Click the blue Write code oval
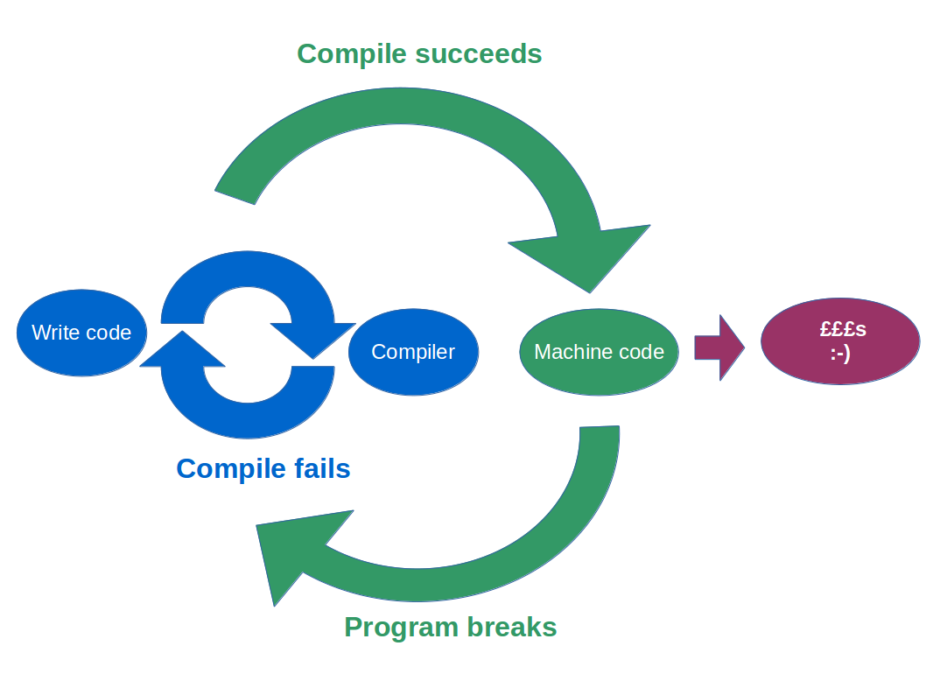point(81,333)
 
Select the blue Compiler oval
point(413,352)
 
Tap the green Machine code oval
point(599,352)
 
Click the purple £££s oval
point(840,341)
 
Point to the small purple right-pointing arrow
point(719,347)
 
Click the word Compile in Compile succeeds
point(352,54)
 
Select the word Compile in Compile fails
point(230,469)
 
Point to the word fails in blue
point(320,469)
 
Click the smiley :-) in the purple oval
point(840,354)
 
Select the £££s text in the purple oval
point(843,330)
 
